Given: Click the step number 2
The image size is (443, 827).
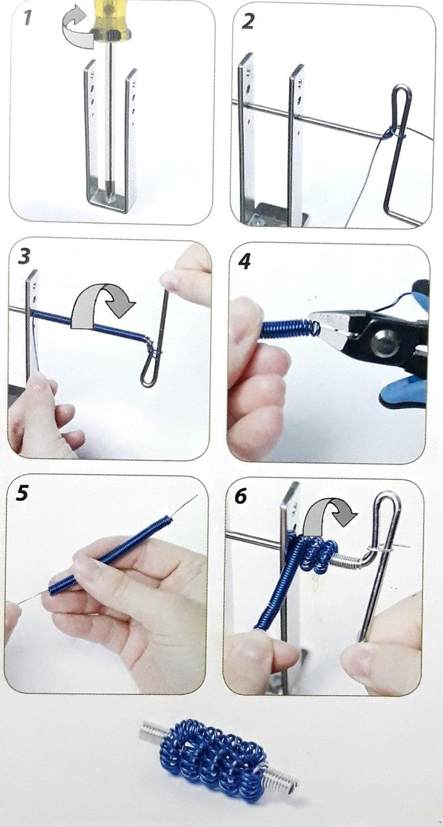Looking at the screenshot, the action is pyautogui.click(x=248, y=21).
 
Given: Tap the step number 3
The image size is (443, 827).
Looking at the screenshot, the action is pyautogui.click(x=24, y=256).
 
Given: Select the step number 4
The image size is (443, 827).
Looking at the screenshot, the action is pyautogui.click(x=244, y=261).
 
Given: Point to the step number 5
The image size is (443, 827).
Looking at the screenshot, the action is pyautogui.click(x=22, y=492).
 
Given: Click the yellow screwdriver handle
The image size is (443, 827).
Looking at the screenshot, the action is pyautogui.click(x=109, y=19).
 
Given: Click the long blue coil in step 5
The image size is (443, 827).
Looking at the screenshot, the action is pyautogui.click(x=110, y=558).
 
